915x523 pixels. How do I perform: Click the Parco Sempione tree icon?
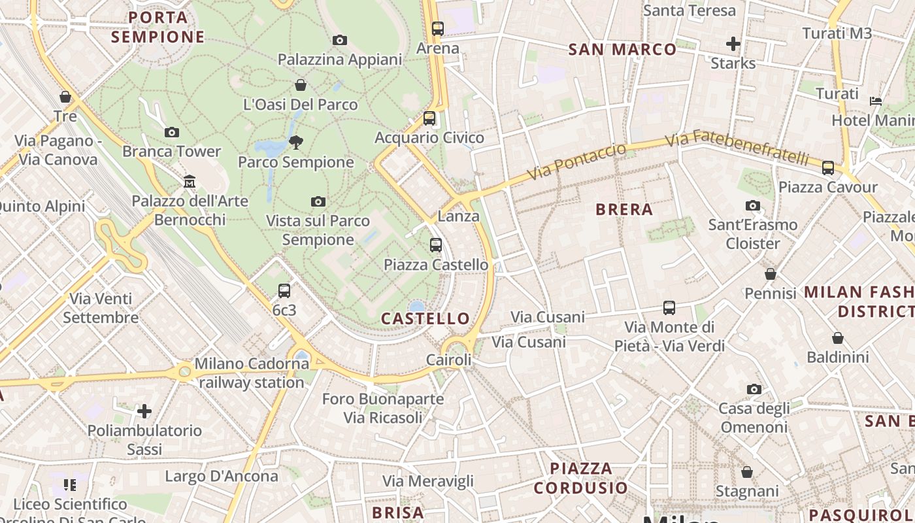pos(296,142)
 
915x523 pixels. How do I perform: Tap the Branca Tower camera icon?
pos(172,132)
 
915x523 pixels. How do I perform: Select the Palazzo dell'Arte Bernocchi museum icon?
pos(190,181)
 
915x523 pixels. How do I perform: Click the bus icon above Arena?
pos(438,29)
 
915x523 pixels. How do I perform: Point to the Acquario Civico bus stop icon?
pos(429,118)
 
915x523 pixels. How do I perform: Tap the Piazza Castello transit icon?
pos(436,245)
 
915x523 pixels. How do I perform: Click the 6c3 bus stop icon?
pos(284,291)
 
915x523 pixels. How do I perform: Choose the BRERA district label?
pos(624,210)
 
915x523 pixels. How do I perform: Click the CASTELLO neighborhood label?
pos(425,319)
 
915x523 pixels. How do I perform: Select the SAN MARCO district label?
pos(622,50)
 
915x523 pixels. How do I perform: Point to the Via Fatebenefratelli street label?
pos(737,149)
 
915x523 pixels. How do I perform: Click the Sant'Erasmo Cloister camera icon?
pos(753,206)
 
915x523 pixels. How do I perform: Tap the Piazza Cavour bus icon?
pos(828,168)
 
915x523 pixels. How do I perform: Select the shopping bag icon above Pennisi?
pos(771,274)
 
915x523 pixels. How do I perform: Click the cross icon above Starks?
pos(733,44)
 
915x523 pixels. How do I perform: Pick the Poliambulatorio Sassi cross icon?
pos(144,411)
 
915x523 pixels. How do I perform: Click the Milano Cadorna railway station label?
pos(252,373)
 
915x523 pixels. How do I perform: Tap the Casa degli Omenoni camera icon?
pos(754,390)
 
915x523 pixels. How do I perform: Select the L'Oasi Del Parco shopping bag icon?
pos(301,85)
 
